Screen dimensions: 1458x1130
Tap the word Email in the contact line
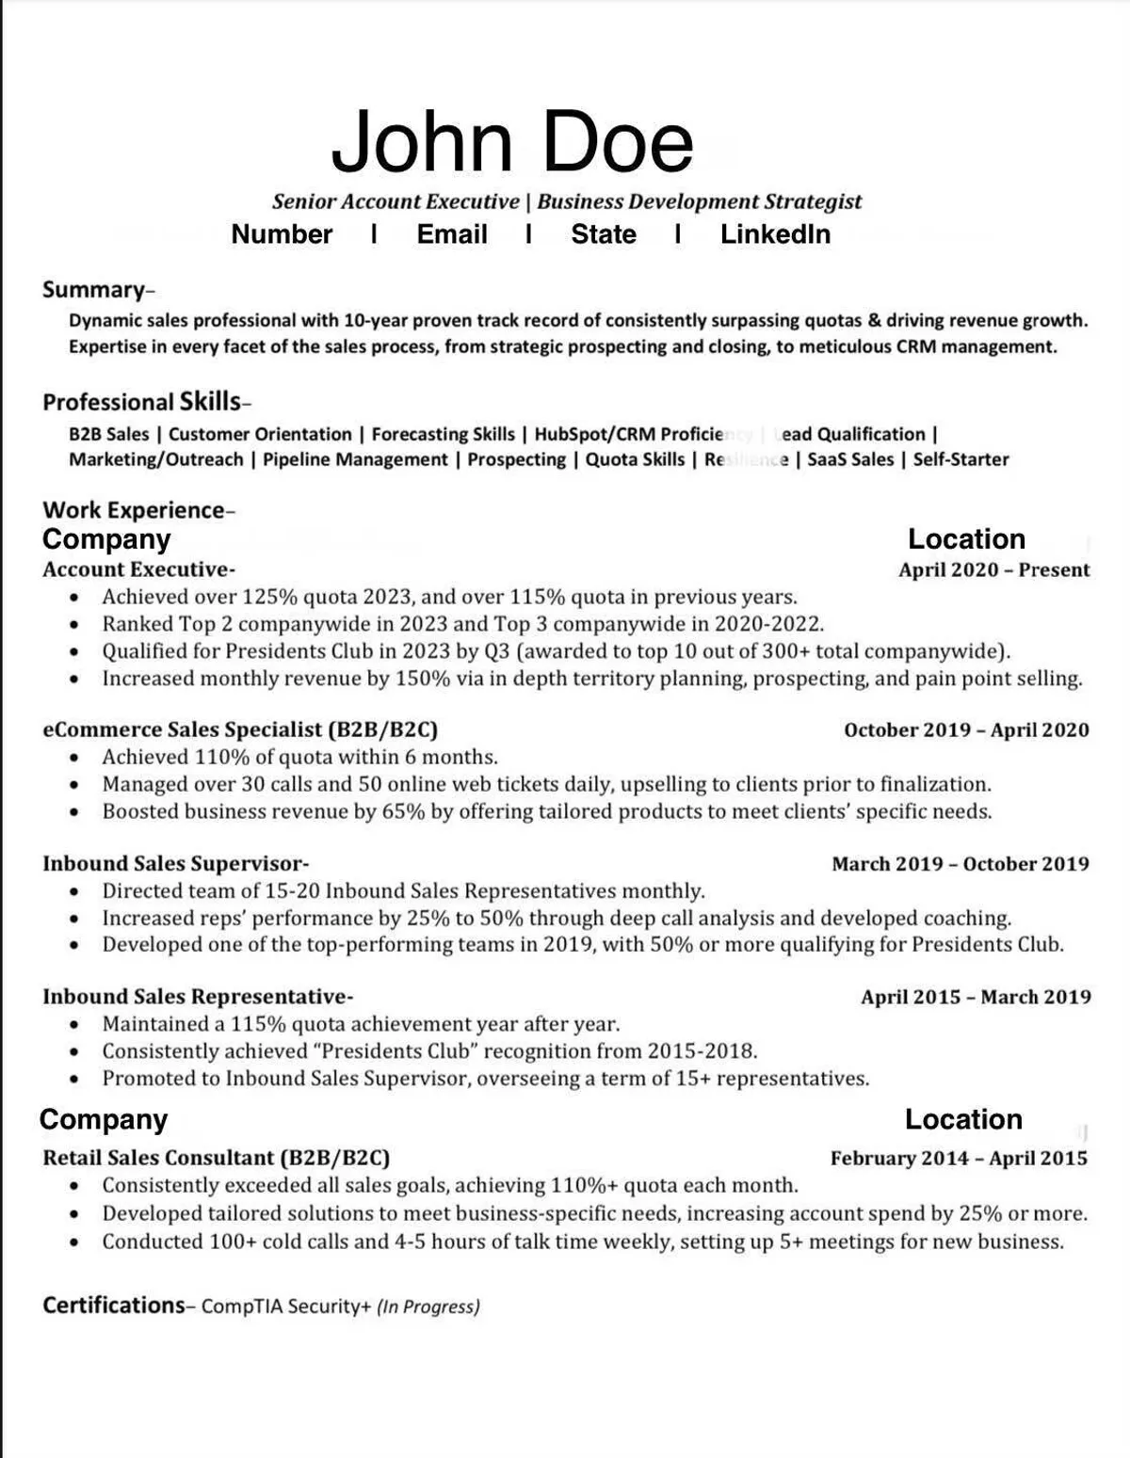click(452, 234)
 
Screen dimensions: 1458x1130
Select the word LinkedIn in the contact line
click(775, 234)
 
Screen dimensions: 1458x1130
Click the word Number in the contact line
click(282, 234)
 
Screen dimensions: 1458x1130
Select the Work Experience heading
click(135, 510)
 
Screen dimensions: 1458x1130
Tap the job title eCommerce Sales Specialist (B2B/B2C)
click(240, 729)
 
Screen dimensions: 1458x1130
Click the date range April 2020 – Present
click(993, 569)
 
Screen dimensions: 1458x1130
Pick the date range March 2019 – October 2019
click(960, 864)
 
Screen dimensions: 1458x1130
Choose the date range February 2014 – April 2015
click(959, 1159)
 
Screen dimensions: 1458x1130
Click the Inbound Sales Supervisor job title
click(174, 864)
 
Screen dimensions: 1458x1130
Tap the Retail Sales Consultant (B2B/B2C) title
click(216, 1159)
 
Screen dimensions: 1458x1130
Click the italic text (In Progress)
click(428, 1306)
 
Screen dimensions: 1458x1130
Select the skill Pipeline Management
click(355, 459)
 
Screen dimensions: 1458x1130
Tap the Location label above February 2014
click(963, 1119)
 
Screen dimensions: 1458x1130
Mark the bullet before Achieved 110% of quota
click(75, 758)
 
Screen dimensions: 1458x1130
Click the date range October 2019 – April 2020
click(966, 730)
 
